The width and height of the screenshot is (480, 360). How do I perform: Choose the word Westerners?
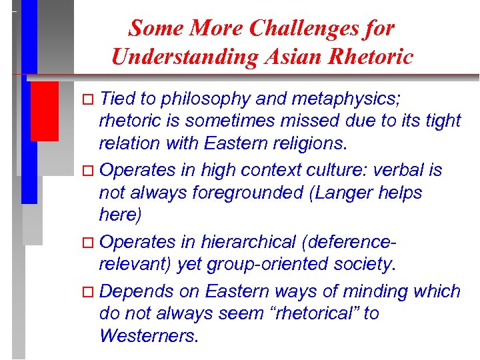click(x=147, y=336)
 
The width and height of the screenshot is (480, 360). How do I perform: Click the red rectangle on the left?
click(x=44, y=110)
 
